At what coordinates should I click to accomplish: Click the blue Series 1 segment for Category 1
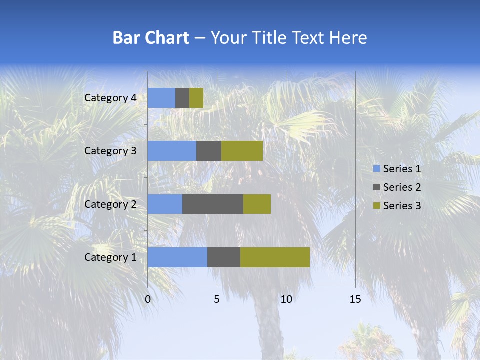coord(177,257)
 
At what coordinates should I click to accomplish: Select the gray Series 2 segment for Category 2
coord(213,204)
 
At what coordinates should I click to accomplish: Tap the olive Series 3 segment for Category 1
coord(275,257)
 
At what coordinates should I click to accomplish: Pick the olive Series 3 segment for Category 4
coord(196,98)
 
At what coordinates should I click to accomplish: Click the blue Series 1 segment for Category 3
coord(172,151)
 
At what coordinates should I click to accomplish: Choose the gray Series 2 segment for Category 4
coord(182,98)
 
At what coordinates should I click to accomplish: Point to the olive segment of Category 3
coord(242,151)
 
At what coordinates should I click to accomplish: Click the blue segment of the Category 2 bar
coord(165,204)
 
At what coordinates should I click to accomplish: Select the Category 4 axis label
coord(110,98)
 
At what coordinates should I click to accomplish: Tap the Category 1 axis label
coord(110,257)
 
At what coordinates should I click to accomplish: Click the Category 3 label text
coord(110,151)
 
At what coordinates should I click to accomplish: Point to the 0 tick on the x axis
coord(148,299)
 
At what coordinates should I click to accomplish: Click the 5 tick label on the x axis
coord(217,299)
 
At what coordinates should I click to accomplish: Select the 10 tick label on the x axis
coord(286,299)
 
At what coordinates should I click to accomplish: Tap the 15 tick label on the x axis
coord(355,299)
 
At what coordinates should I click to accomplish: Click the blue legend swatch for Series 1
coord(376,169)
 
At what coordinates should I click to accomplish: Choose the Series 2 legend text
coord(402,187)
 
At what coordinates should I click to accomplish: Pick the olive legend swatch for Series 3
coord(376,206)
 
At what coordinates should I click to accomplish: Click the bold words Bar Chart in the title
coord(151,38)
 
